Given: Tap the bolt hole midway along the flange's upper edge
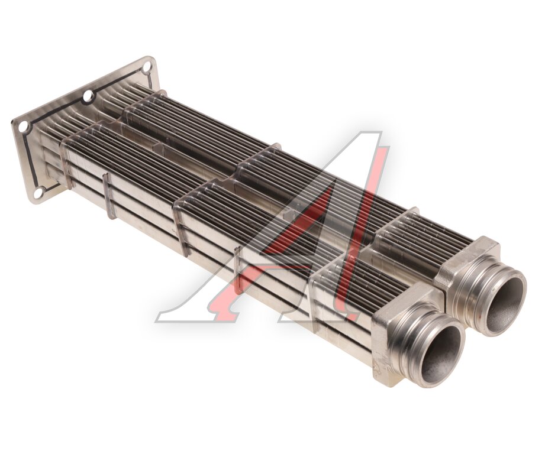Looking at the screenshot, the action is point(88,95).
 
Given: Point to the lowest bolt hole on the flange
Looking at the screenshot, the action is point(41,190).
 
